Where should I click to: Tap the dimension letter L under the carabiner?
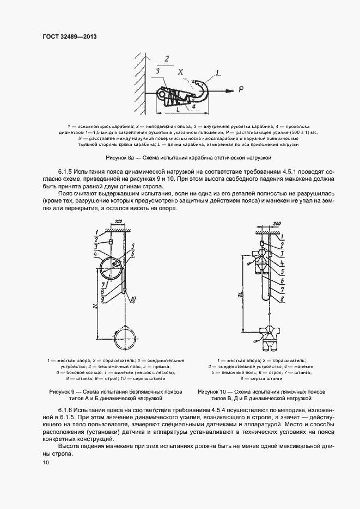pos(179,110)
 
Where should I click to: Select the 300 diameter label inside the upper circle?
pos(115,264)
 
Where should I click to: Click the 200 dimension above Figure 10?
pos(276,224)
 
